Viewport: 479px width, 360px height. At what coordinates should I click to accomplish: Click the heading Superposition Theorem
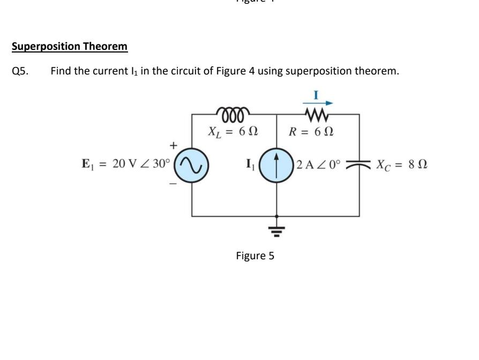pyautogui.click(x=70, y=47)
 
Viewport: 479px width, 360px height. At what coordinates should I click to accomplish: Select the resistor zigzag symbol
pyautogui.click(x=316, y=114)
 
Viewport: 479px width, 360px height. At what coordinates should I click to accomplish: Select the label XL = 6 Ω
pyautogui.click(x=233, y=131)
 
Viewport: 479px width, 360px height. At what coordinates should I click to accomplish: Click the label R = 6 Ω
pyautogui.click(x=312, y=131)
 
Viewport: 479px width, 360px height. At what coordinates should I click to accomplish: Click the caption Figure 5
pyautogui.click(x=255, y=256)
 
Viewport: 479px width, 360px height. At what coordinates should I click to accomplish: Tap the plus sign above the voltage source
pyautogui.click(x=173, y=145)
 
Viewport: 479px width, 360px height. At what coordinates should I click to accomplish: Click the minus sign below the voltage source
pyautogui.click(x=173, y=183)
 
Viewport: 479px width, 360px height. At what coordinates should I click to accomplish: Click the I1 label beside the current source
pyautogui.click(x=250, y=164)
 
